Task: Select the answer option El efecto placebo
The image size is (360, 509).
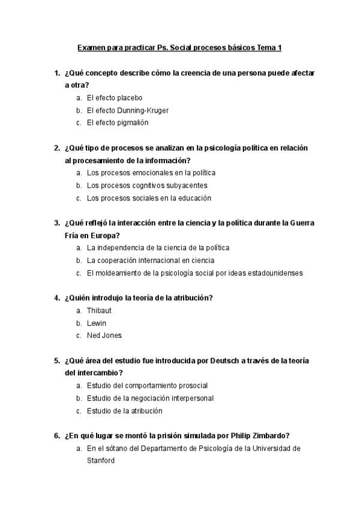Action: point(114,97)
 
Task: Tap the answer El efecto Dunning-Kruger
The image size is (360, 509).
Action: point(127,110)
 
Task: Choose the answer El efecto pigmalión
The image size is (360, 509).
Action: point(117,122)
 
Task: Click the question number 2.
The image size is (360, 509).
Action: point(56,148)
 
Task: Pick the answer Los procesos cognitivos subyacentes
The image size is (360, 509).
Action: point(146,185)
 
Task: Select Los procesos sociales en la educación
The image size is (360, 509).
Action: point(149,197)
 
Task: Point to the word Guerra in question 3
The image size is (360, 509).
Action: point(301,223)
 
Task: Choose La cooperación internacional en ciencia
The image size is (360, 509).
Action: point(150,261)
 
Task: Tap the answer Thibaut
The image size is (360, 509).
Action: point(99,310)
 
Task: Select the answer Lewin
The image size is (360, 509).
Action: point(96,323)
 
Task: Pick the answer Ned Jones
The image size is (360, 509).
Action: point(104,336)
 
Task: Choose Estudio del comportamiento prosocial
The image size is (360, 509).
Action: point(147,385)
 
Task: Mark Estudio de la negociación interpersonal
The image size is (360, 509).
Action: point(150,398)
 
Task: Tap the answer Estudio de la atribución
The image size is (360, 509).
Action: point(124,411)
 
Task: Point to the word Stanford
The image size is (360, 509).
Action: point(100,461)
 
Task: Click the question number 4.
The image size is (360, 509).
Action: point(56,298)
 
